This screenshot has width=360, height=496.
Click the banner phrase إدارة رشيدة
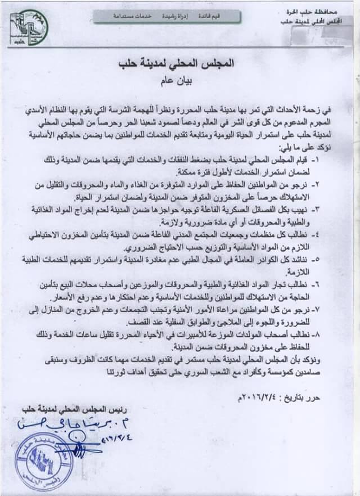point(161,17)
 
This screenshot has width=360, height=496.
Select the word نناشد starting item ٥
point(322,260)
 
